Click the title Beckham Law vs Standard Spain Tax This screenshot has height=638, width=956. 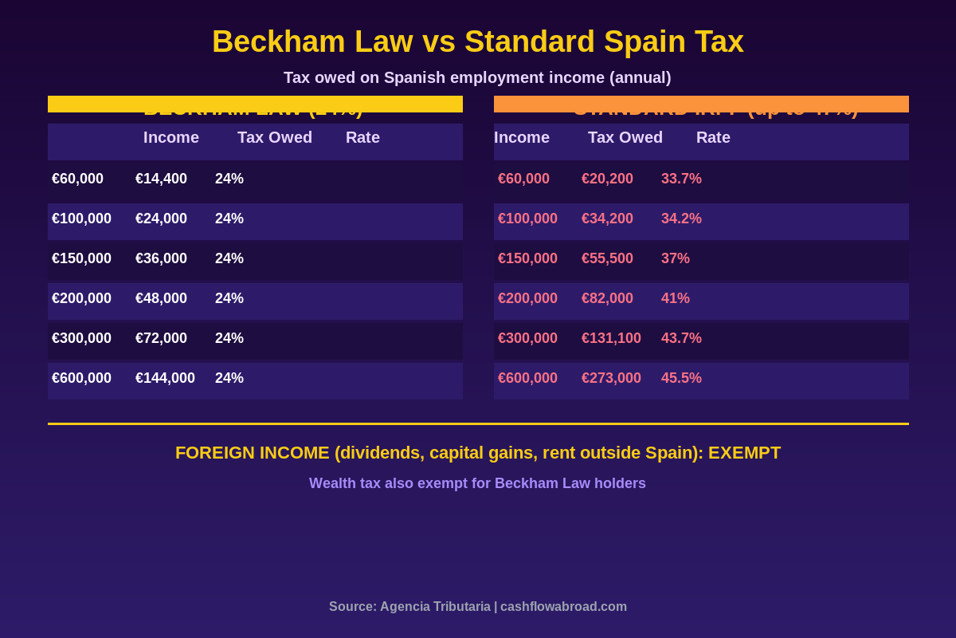click(478, 41)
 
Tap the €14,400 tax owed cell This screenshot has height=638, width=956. click(161, 179)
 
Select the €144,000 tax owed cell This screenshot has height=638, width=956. click(165, 378)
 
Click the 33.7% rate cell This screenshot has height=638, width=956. click(681, 179)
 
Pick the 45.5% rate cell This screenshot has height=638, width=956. click(681, 378)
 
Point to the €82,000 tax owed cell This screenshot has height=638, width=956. click(607, 298)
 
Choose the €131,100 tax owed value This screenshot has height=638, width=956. click(611, 338)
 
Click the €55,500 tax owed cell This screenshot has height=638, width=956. click(607, 258)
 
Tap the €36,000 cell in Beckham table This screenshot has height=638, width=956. click(161, 258)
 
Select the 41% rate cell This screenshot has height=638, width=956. click(676, 298)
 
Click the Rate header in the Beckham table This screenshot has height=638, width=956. click(362, 137)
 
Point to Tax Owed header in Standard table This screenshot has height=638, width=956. click(625, 137)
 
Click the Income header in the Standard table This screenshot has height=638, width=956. click(522, 137)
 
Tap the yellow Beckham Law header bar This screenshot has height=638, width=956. click(255, 104)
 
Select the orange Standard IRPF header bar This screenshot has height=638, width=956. click(701, 104)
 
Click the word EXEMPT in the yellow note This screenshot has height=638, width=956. click(744, 453)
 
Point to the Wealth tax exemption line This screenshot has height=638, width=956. click(477, 483)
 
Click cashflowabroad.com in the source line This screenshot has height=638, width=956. click(563, 607)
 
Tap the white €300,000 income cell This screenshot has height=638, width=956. click(81, 338)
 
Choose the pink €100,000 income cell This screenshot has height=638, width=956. click(527, 219)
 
